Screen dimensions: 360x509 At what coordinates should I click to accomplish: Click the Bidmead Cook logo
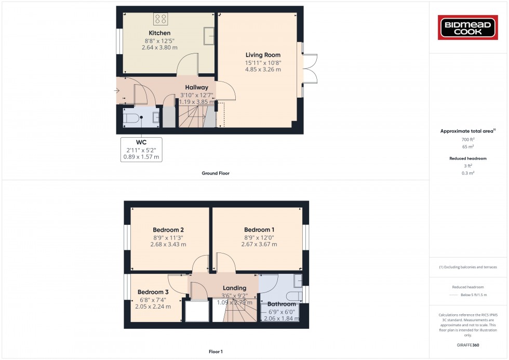click(469, 28)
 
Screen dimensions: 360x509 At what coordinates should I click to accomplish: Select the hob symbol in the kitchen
click(160, 19)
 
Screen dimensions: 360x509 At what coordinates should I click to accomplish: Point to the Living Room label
click(263, 55)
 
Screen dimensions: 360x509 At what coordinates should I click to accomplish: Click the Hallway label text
click(197, 88)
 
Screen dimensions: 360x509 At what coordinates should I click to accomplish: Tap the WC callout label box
click(141, 150)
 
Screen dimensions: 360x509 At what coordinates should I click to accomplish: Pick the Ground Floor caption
click(216, 173)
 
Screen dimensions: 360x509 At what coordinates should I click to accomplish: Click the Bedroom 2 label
click(168, 230)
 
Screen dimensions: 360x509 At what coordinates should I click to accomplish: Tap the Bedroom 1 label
click(259, 230)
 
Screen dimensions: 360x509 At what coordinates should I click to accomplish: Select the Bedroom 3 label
click(153, 292)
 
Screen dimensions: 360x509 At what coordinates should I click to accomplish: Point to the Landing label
click(234, 288)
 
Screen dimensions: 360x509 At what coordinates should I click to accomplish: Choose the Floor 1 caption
click(215, 352)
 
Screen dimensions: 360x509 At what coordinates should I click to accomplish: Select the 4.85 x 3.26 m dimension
click(263, 70)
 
